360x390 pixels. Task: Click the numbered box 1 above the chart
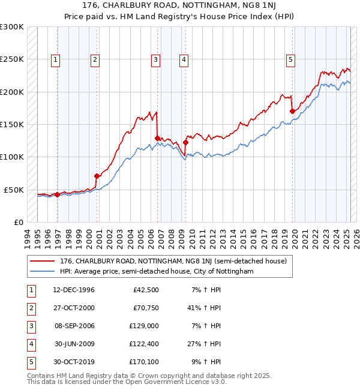coord(55,59)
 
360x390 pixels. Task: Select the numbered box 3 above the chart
coord(155,59)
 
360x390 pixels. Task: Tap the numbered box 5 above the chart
coord(290,59)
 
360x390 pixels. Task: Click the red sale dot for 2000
coord(97,176)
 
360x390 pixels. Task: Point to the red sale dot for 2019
coord(292,111)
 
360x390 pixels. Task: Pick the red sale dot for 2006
coord(157,138)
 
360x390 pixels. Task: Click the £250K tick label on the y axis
coord(12,59)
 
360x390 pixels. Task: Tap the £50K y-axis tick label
coord(14,190)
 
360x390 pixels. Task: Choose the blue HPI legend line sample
coord(43,271)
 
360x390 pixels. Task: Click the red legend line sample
coord(43,261)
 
